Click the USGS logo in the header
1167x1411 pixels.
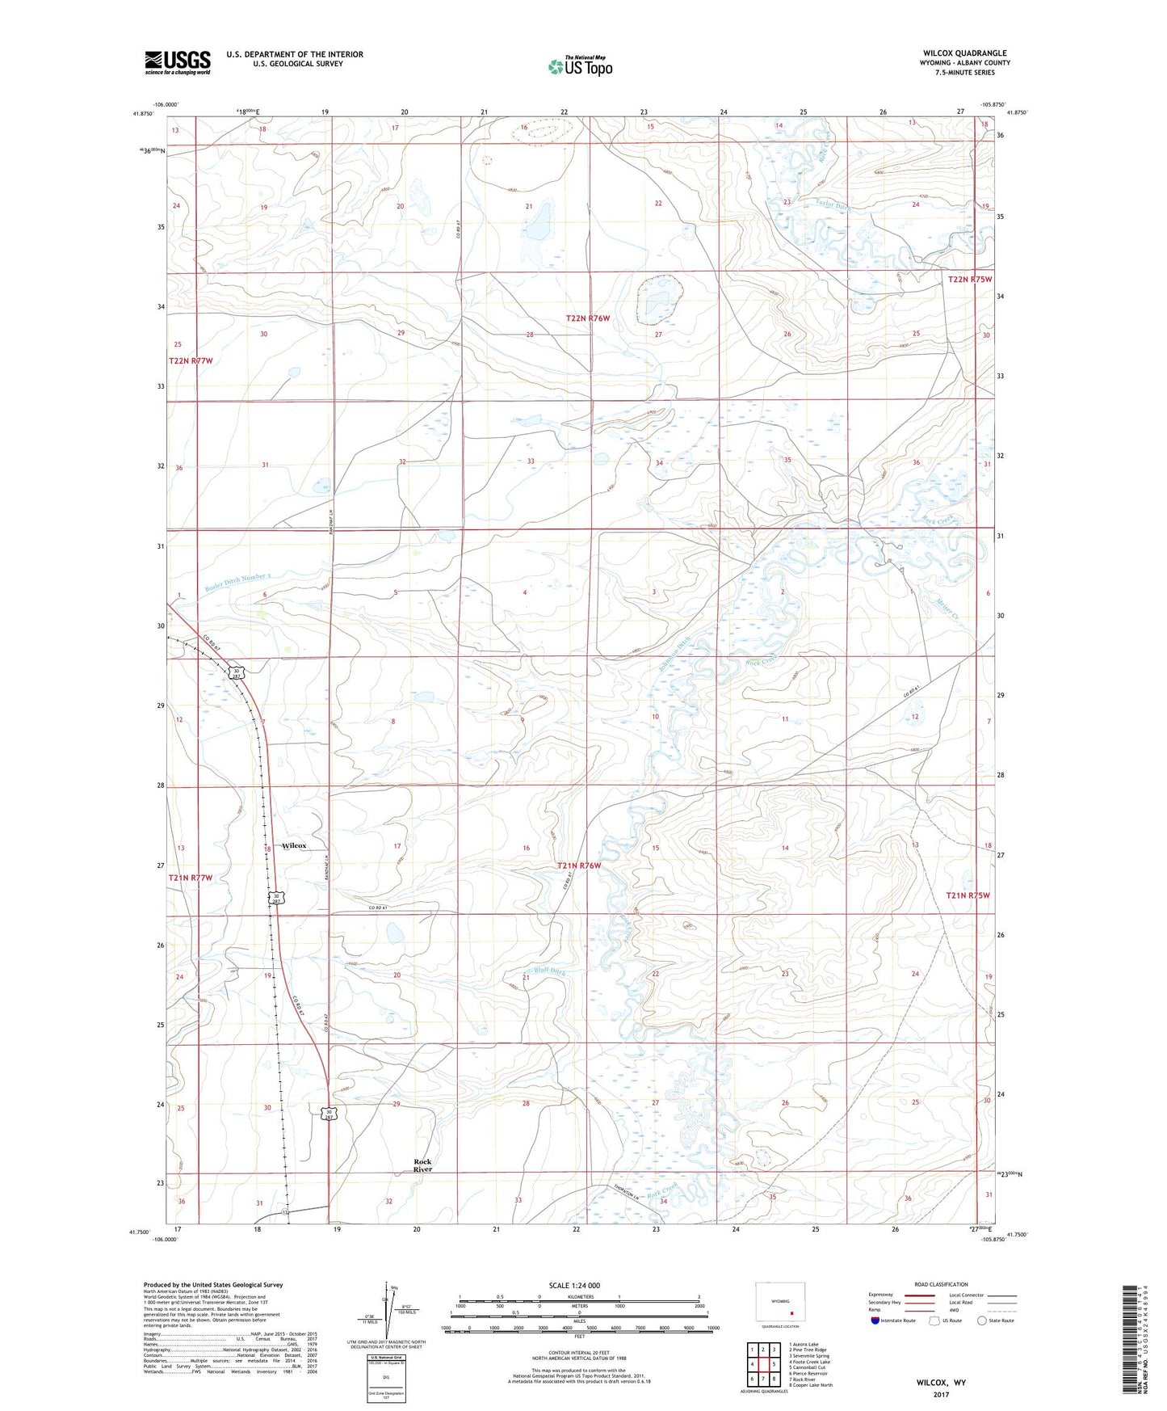[178, 62]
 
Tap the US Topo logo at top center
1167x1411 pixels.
[580, 66]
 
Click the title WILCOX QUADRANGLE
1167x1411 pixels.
[964, 53]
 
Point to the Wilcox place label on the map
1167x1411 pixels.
[294, 845]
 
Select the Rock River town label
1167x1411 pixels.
[422, 1165]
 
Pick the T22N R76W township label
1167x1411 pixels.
[587, 318]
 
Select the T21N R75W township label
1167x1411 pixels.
[968, 895]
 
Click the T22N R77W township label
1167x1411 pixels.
[191, 360]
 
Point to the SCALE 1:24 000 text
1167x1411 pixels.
[574, 1285]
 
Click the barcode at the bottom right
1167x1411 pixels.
[1131, 1342]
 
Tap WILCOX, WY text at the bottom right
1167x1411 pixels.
[941, 1383]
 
